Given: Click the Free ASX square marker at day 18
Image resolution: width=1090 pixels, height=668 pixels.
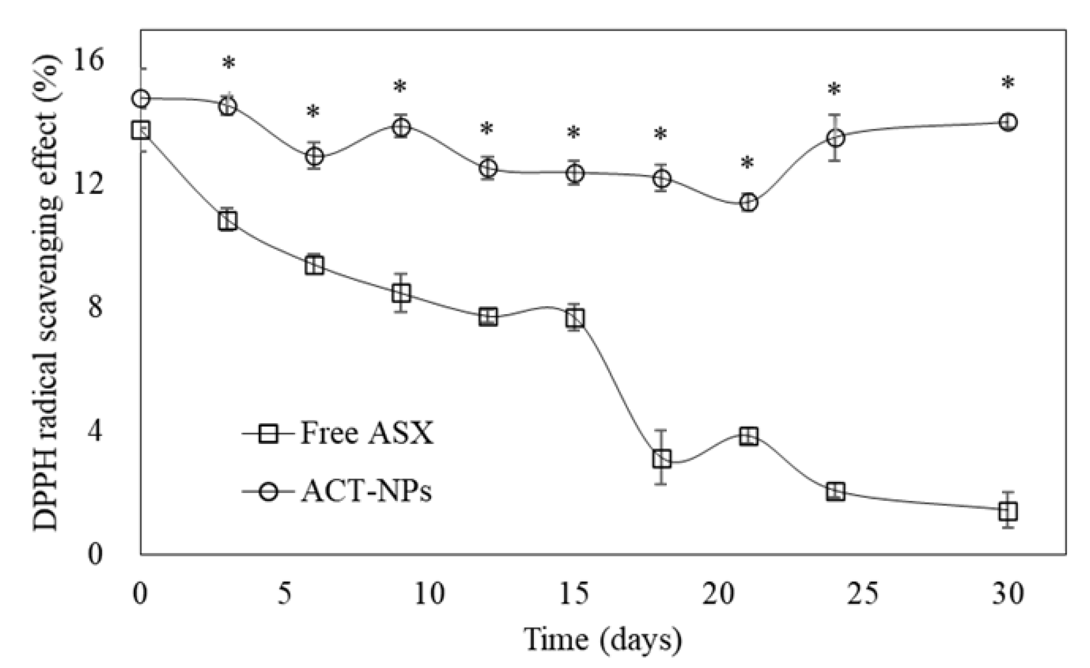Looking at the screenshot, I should [661, 459].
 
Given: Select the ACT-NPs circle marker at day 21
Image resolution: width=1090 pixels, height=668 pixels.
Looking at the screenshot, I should [748, 202].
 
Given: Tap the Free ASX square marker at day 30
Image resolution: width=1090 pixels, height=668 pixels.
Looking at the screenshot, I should [1008, 511].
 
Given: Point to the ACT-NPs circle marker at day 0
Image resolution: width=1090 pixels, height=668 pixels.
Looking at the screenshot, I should [141, 99].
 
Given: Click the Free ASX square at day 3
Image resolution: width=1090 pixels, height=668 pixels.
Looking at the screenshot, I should [228, 221].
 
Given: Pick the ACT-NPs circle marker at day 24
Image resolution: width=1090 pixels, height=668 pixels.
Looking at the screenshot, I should [835, 138].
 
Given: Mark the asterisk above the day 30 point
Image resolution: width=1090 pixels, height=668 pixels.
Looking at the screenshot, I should [1007, 84].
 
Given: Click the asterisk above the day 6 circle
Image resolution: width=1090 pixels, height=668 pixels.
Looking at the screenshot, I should [313, 112].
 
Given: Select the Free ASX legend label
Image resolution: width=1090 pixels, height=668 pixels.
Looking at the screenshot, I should [367, 433].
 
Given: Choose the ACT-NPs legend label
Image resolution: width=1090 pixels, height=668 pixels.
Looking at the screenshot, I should [367, 492].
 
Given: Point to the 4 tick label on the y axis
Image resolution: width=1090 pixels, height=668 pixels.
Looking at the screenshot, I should [96, 430].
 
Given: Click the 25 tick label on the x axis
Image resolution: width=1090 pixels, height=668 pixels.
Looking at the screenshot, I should [863, 594].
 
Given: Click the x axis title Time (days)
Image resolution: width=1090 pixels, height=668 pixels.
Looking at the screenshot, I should [603, 639].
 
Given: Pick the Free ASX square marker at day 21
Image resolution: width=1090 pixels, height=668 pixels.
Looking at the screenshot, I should [748, 436].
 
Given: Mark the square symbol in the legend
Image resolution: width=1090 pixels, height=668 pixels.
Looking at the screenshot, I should [269, 434].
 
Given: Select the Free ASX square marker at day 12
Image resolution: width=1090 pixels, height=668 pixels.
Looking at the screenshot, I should [488, 317].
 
